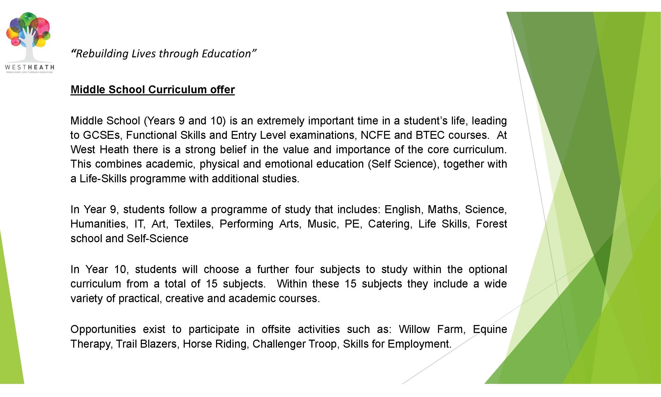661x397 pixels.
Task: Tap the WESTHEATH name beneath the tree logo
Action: [x=30, y=67]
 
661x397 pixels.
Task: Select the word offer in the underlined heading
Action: [x=222, y=90]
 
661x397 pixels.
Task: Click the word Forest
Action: [x=491, y=224]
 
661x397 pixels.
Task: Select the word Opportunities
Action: [x=103, y=329]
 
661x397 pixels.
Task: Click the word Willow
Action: [x=414, y=329]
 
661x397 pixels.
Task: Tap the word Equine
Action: [x=490, y=329]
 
